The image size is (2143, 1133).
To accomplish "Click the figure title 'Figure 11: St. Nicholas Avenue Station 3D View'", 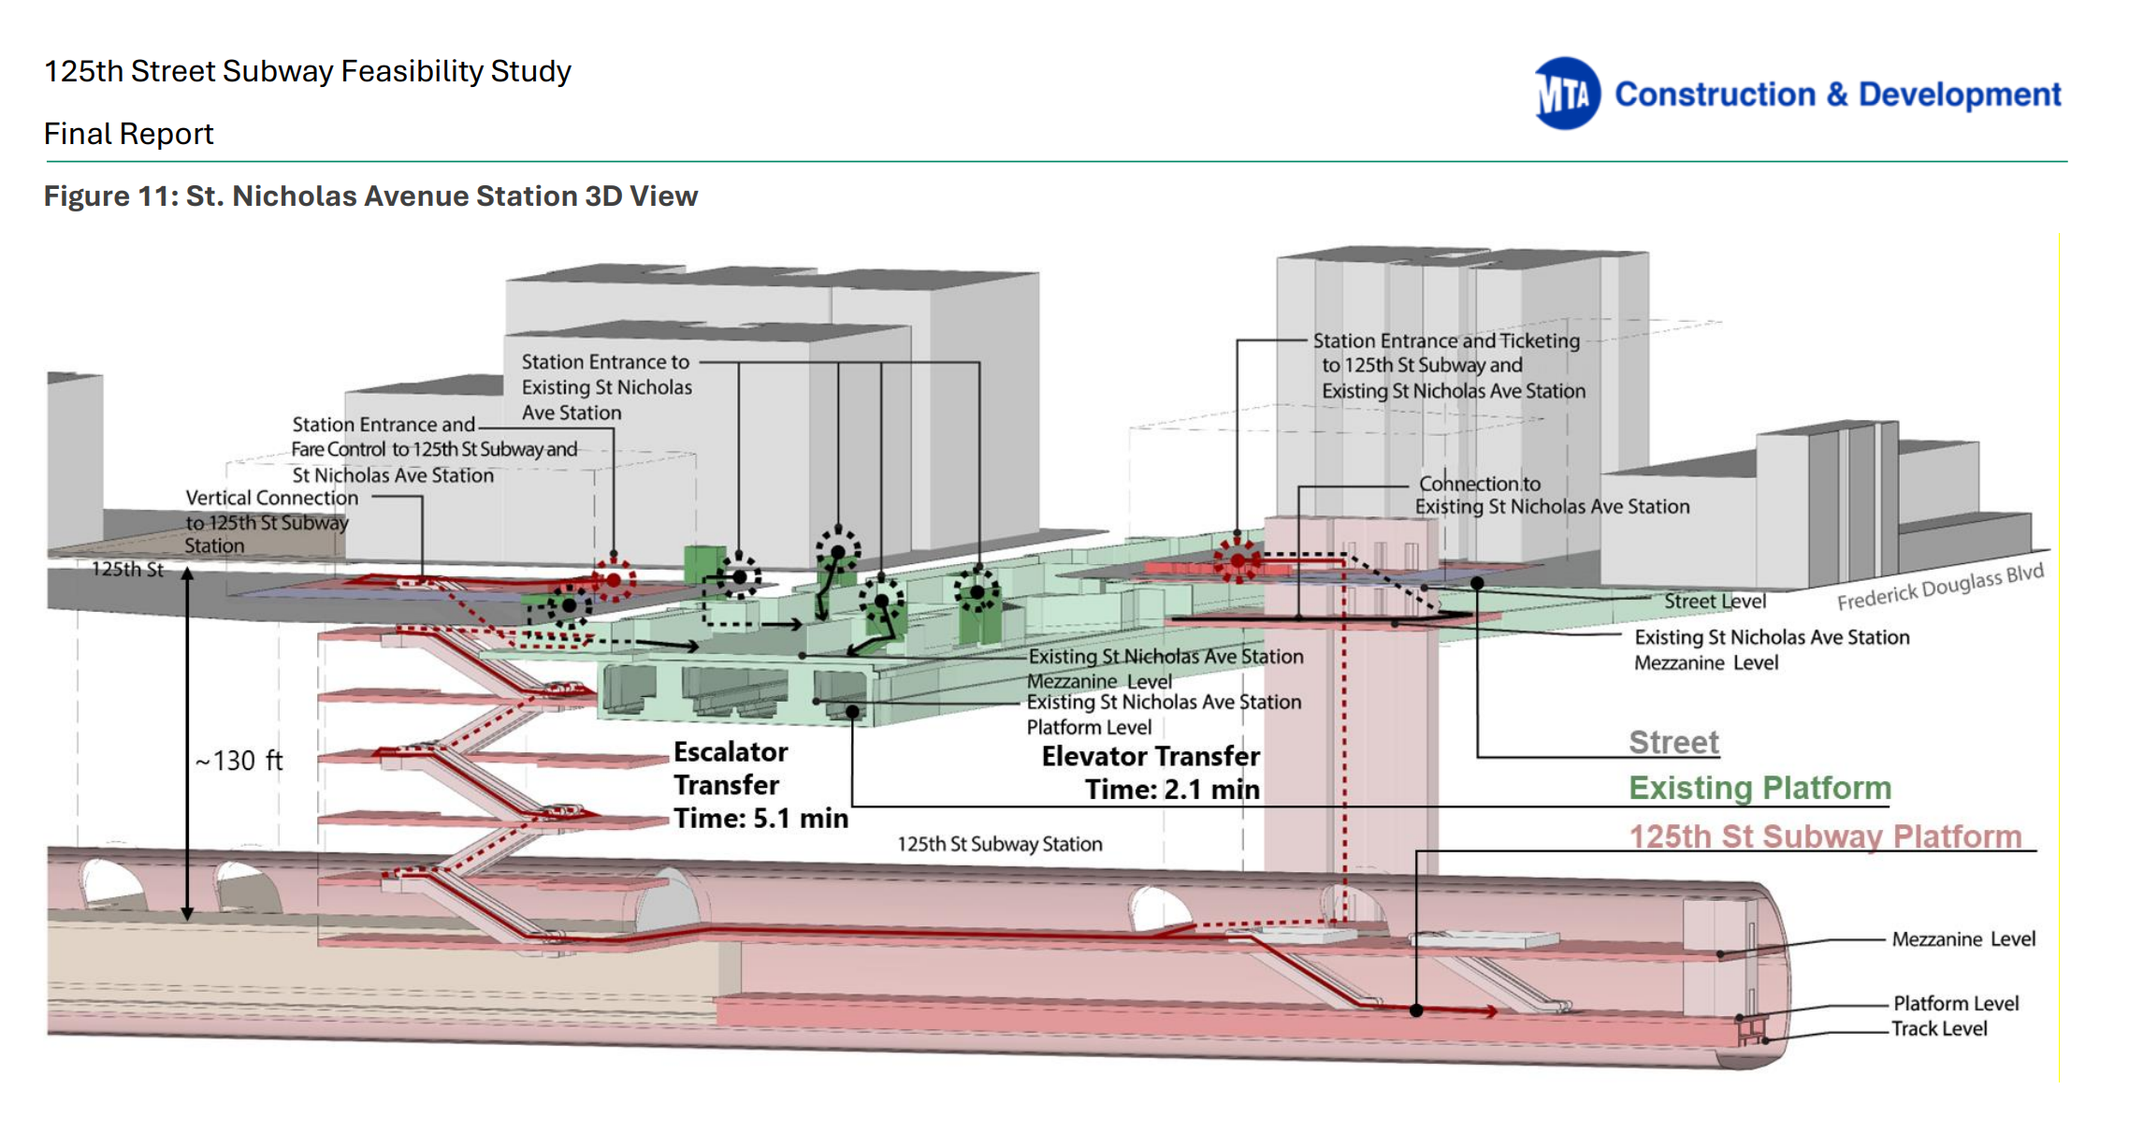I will point(370,196).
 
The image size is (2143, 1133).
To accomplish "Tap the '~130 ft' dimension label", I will point(239,761).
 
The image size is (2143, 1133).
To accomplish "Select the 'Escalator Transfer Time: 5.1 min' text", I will point(760,785).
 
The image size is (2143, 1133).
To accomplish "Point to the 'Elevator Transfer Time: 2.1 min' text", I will point(1151,773).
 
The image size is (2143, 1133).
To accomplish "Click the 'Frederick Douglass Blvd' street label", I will point(1940,587).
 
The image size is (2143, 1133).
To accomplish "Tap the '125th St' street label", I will point(127,569).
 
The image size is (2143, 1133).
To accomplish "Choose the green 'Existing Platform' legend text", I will point(1759,788).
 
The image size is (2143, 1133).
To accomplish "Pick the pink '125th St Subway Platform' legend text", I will point(1825,835).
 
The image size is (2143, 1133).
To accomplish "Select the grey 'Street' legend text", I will point(1673,742).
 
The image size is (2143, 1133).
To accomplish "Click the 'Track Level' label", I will point(1939,1029).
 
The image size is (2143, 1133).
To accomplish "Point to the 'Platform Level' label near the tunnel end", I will point(1956,1003).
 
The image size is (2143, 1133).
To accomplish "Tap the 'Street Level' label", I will point(1715,602).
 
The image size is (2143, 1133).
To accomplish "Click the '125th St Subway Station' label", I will point(1000,844).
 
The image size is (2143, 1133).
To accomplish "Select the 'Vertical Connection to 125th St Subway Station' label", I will point(270,521).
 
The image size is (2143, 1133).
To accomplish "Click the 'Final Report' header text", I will point(129,134).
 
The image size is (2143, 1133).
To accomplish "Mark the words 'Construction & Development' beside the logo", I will point(1838,94).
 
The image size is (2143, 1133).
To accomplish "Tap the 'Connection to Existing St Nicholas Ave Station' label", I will point(1552,495).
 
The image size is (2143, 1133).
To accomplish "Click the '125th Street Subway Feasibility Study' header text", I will point(308,72).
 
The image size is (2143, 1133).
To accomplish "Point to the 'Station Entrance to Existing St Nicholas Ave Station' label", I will point(606,387).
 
